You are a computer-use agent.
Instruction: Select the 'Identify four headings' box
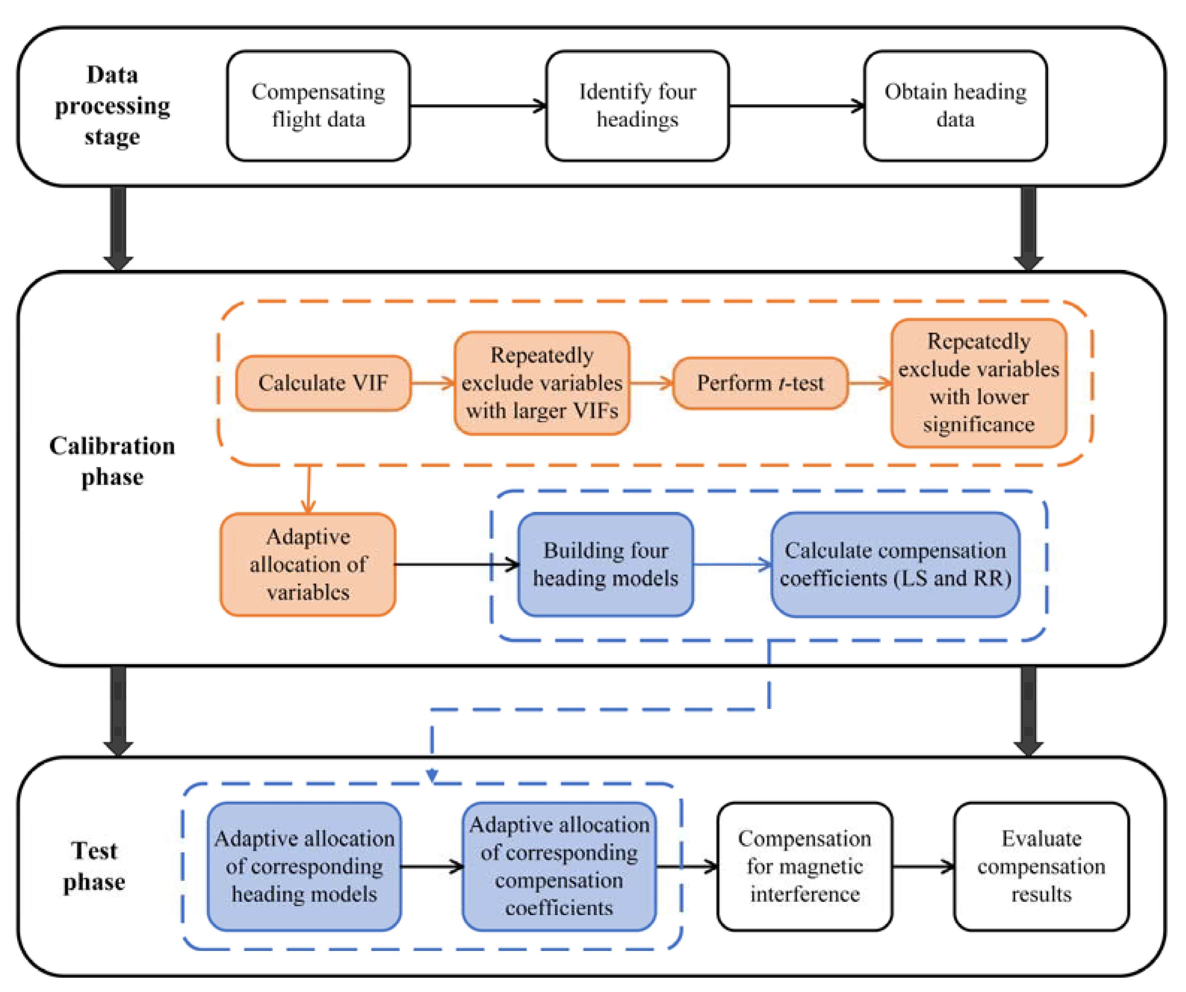tap(637, 106)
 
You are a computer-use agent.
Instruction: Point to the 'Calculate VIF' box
tap(323, 383)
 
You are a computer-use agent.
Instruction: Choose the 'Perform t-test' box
tap(760, 383)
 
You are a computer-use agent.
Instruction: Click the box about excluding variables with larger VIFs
tap(541, 383)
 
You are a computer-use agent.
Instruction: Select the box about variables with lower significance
tap(979, 383)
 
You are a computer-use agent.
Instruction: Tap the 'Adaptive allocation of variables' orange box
tap(308, 564)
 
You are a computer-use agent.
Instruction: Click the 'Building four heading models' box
tap(605, 564)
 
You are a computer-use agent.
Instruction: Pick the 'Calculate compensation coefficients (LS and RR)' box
tap(895, 564)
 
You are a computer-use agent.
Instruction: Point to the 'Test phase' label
tap(94, 866)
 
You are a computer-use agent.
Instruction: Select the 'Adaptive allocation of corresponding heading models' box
tap(304, 866)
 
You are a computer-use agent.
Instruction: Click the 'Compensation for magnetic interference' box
tap(804, 866)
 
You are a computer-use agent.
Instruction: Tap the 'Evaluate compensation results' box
tap(1041, 866)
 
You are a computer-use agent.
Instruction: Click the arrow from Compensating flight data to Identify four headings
tap(477, 106)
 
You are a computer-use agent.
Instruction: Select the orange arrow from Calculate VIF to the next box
tap(432, 383)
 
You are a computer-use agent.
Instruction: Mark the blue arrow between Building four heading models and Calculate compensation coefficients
tap(732, 564)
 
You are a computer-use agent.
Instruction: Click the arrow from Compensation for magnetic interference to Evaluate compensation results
tap(923, 866)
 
